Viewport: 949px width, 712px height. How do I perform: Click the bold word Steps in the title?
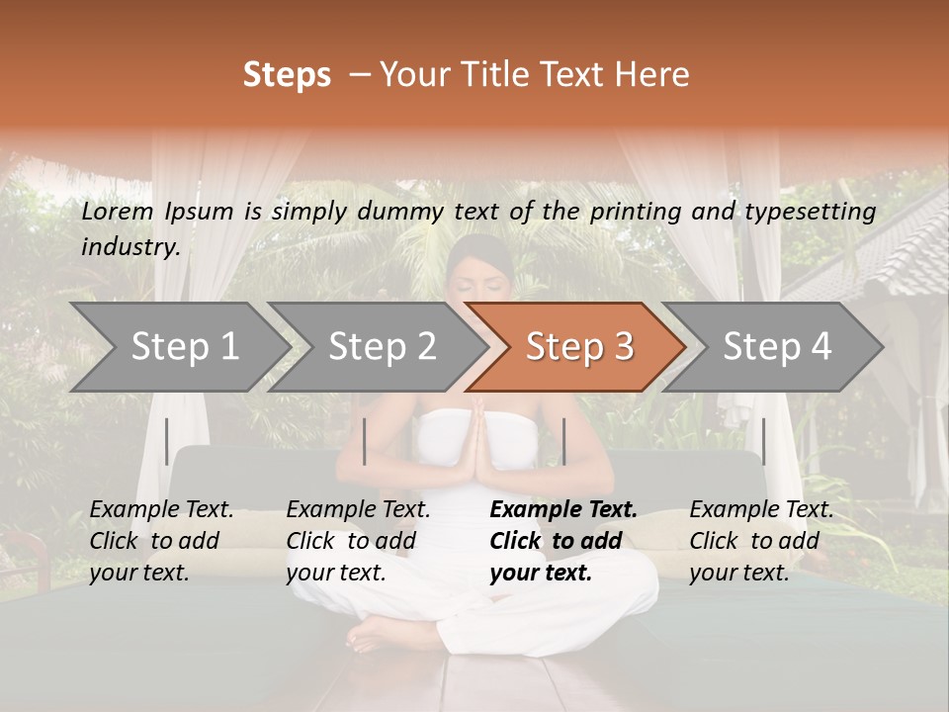(x=287, y=75)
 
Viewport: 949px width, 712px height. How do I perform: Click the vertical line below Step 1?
(x=167, y=441)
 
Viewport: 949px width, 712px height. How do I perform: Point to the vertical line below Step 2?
(x=365, y=441)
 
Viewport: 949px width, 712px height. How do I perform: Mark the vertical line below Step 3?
(x=563, y=441)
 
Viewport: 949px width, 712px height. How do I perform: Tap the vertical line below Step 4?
(x=763, y=441)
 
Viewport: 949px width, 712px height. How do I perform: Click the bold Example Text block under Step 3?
(x=563, y=541)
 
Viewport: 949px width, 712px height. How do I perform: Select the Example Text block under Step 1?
(x=161, y=541)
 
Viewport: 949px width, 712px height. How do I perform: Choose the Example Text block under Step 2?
(x=358, y=541)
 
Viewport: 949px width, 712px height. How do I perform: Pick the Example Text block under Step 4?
(x=761, y=541)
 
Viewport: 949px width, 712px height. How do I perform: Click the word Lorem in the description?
(x=118, y=212)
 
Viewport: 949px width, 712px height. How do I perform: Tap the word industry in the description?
(x=129, y=247)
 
